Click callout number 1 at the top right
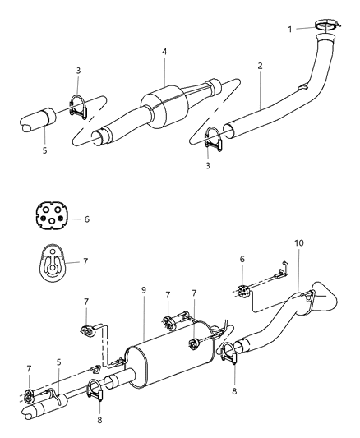[x=289, y=30]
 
